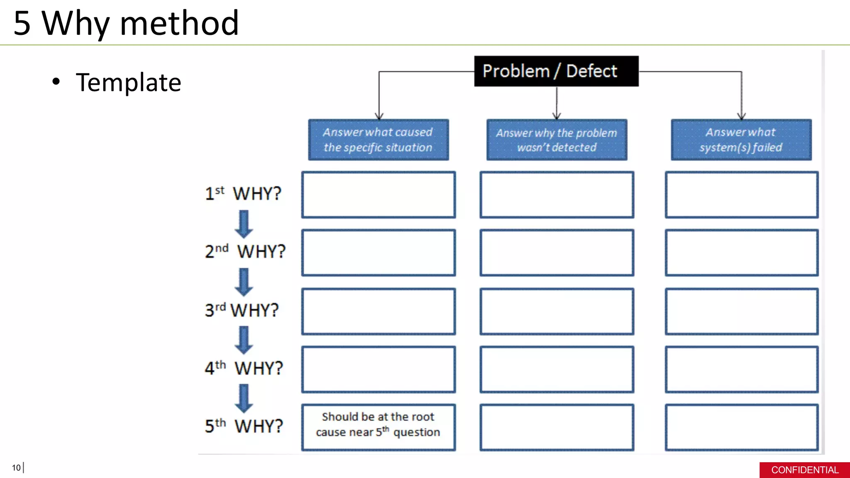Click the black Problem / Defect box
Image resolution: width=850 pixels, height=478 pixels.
point(556,71)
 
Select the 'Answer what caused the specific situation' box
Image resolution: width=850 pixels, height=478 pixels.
point(378,140)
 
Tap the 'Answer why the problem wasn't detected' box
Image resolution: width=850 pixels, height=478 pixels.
point(557,140)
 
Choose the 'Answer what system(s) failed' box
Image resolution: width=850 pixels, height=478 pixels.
point(741,140)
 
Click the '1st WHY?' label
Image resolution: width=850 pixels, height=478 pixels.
point(243,193)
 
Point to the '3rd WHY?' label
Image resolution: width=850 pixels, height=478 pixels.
point(242,310)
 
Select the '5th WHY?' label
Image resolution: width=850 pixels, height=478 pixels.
point(244,426)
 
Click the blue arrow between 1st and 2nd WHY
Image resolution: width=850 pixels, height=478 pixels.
point(244,224)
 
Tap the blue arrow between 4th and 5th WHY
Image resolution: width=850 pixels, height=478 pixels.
point(244,398)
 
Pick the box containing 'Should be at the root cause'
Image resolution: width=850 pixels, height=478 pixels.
point(378,427)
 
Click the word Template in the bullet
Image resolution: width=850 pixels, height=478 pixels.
point(128,82)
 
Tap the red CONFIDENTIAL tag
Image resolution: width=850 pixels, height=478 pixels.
point(804,470)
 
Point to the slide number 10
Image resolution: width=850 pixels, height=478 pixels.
point(16,468)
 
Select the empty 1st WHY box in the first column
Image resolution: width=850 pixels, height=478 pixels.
point(378,195)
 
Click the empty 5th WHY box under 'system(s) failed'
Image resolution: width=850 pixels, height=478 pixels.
point(741,427)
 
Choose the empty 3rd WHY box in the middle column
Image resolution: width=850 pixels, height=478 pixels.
point(557,311)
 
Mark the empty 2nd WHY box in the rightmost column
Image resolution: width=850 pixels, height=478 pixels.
point(741,253)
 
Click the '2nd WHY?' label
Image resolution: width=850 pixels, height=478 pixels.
point(245,251)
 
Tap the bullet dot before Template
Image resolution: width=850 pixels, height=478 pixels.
point(56,82)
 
